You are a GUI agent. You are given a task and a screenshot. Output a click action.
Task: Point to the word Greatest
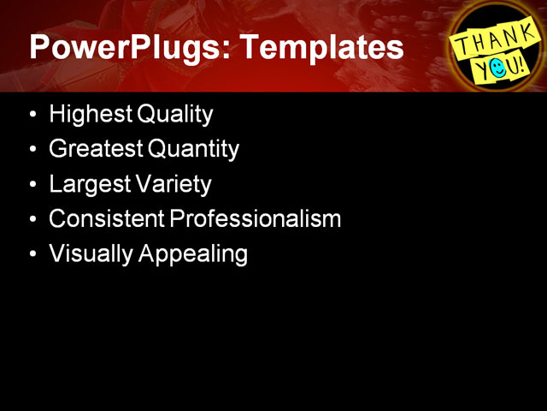(96, 149)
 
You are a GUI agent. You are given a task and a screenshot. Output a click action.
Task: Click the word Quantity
(194, 149)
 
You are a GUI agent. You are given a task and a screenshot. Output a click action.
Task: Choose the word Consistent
(107, 219)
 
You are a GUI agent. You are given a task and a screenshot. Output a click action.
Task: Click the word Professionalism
(256, 219)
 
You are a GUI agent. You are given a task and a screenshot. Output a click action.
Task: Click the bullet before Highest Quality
(32, 115)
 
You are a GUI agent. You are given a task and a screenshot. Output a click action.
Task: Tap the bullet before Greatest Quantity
(32, 150)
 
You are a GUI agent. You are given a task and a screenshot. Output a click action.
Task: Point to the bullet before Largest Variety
(32, 185)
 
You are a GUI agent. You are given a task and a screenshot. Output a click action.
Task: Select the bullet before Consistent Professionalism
(32, 220)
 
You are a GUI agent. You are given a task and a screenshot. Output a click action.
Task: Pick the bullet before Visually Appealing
(32, 255)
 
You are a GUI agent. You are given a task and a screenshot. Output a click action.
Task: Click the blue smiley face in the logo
(498, 67)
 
